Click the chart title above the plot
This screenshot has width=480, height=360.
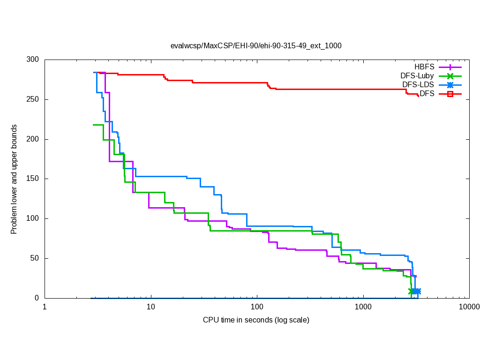pyautogui.click(x=256, y=46)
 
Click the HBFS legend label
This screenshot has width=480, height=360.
pyautogui.click(x=424, y=67)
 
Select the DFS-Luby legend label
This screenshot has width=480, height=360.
pyautogui.click(x=417, y=75)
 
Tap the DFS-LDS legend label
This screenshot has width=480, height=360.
pyautogui.click(x=418, y=84)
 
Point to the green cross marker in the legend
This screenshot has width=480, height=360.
pyautogui.click(x=450, y=76)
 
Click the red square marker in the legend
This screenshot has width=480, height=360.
pyautogui.click(x=450, y=94)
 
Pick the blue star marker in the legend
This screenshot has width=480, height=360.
pyautogui.click(x=450, y=85)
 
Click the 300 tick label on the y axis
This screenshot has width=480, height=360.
pyautogui.click(x=33, y=60)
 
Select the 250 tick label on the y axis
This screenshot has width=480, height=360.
pyautogui.click(x=33, y=100)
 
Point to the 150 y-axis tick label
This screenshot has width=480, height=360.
pyautogui.click(x=33, y=179)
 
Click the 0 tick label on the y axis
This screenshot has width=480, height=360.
pyautogui.click(x=37, y=298)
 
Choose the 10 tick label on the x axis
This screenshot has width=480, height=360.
pyautogui.click(x=150, y=307)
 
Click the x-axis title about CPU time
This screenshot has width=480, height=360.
pyautogui.click(x=256, y=320)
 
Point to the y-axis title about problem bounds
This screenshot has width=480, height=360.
pyautogui.click(x=15, y=179)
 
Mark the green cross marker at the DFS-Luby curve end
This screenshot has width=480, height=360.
pyautogui.click(x=411, y=291)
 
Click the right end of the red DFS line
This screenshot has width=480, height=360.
pyautogui.click(x=418, y=96)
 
